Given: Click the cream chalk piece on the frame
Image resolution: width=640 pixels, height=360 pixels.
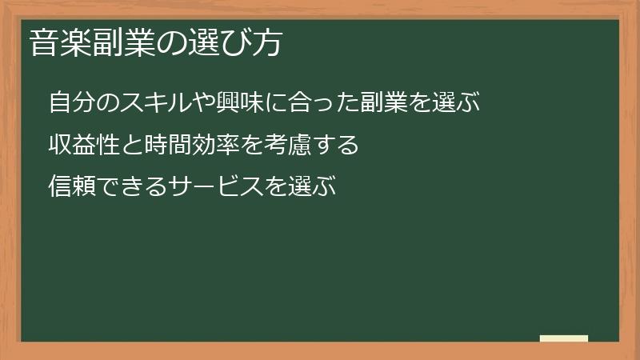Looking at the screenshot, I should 564,338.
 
